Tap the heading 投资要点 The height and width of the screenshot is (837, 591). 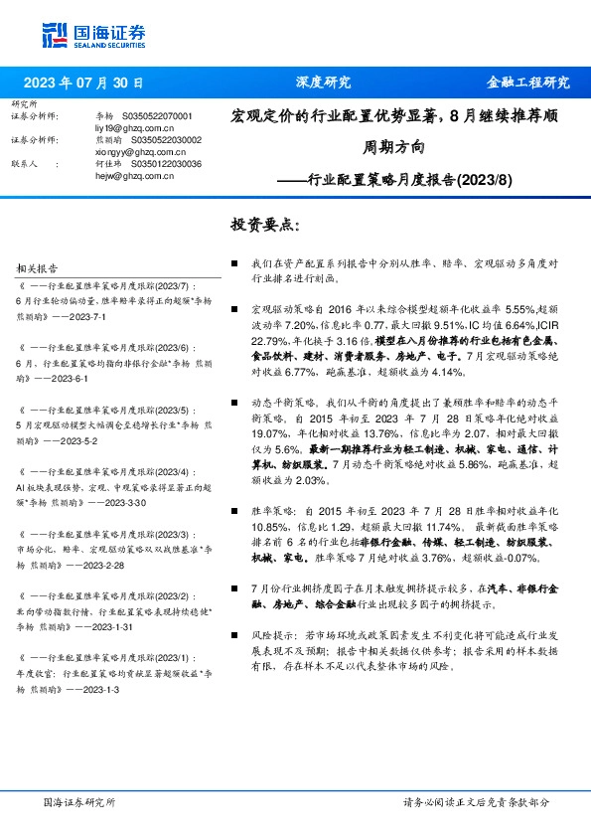pos(264,225)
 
